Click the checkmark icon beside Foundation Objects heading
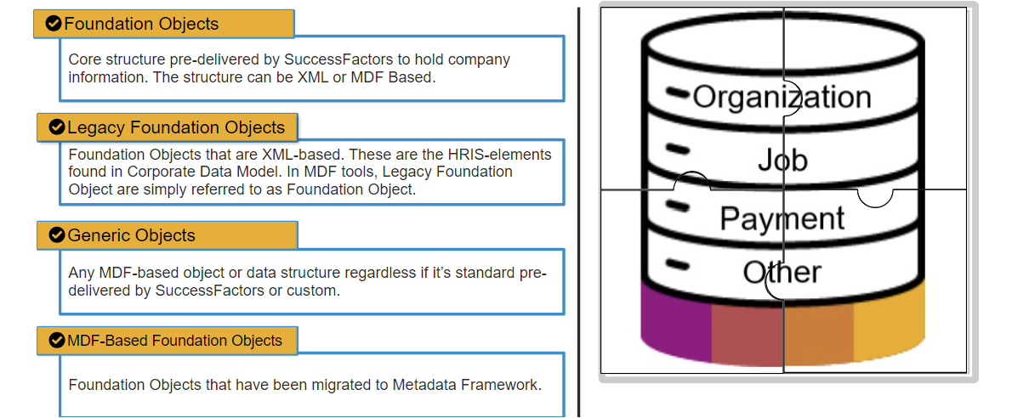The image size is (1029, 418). pos(54,23)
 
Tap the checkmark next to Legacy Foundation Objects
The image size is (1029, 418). pos(56,127)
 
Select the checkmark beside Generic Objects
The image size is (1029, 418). pos(56,235)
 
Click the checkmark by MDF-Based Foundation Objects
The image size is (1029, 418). pos(56,341)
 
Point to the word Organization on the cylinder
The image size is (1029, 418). pos(782,97)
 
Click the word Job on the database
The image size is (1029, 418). pos(782,159)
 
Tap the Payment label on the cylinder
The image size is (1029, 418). pos(782,218)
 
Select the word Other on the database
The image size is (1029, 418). pos(782,272)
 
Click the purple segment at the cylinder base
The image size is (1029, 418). pos(676,324)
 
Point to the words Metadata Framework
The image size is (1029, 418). pos(467,385)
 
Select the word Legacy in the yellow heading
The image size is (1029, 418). pos(96,127)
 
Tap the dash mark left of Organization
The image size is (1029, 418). pos(678,93)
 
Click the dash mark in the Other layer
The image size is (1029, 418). pos(678,265)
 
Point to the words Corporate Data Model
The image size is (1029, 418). pos(204,172)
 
